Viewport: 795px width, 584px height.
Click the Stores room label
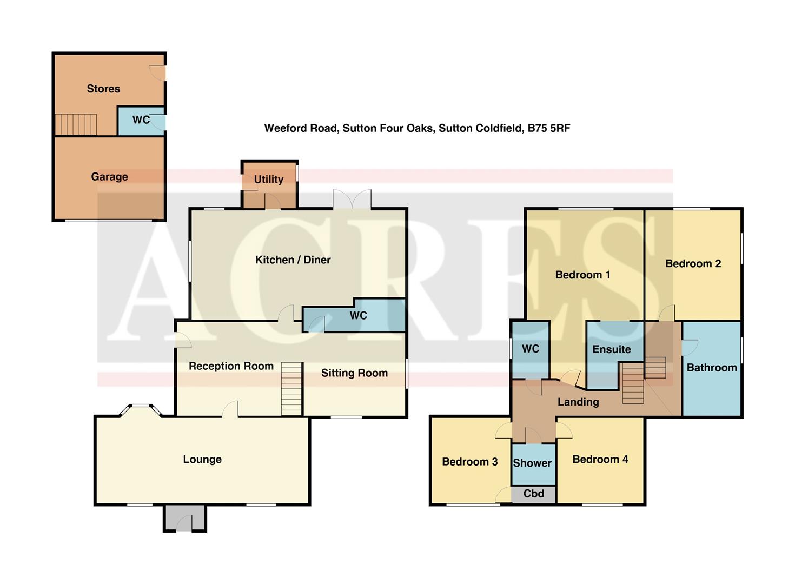(103, 89)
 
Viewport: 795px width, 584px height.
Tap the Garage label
(109, 177)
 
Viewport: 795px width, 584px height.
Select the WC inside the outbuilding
(141, 120)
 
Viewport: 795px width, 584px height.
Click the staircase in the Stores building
(76, 124)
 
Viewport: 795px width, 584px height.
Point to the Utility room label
(269, 180)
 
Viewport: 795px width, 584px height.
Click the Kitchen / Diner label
(293, 260)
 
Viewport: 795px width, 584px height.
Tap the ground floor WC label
(358, 316)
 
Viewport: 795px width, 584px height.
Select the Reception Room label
(231, 366)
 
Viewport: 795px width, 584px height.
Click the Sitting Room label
(354, 373)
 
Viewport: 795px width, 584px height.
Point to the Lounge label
(202, 460)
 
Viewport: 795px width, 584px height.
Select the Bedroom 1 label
(582, 275)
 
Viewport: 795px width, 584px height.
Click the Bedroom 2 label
(693, 264)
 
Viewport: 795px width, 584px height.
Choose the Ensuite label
(611, 349)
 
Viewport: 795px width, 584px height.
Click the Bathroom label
(712, 368)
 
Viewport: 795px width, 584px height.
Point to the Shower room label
(532, 463)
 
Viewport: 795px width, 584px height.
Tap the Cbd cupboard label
(534, 494)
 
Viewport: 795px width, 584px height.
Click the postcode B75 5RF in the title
(549, 129)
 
